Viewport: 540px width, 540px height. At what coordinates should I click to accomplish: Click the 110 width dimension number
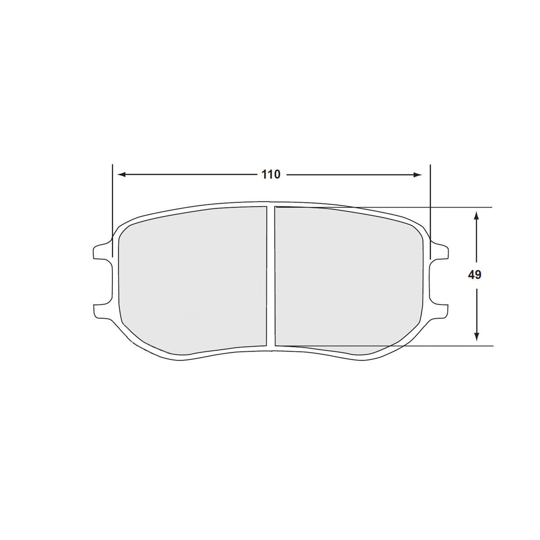(270, 174)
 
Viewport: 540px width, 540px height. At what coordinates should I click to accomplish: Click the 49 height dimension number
(475, 275)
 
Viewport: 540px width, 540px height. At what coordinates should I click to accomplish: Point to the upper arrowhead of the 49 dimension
(476, 216)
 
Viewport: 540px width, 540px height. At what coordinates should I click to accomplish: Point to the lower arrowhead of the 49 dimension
(476, 336)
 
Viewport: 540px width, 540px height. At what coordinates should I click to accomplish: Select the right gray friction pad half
(346, 277)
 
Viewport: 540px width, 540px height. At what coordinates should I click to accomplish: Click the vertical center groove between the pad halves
(270, 275)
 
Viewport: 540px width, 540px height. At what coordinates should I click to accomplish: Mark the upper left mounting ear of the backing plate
(100, 250)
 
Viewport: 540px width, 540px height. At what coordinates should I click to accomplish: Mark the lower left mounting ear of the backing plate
(100, 311)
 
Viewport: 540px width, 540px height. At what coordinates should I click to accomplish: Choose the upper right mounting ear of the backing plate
(440, 250)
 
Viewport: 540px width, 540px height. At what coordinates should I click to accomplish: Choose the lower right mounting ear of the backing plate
(440, 311)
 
